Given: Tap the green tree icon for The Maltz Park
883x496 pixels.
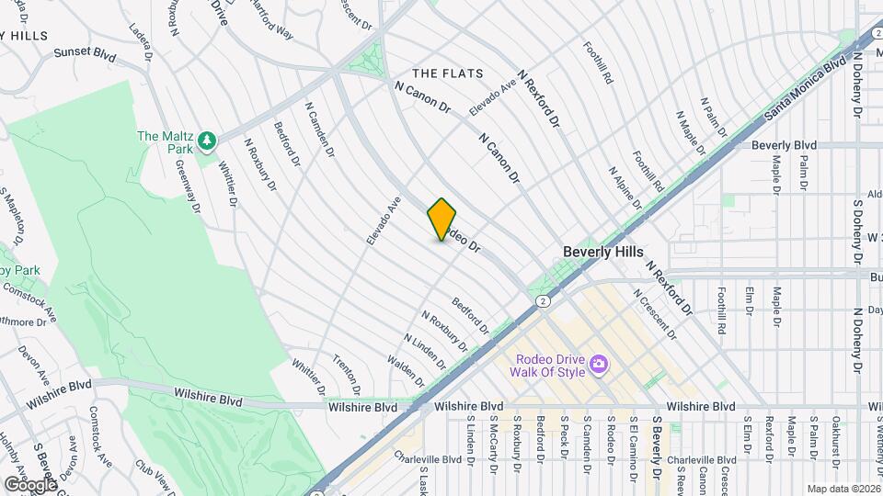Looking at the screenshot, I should pos(208,140).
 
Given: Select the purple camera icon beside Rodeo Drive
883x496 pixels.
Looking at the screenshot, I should pos(599,366).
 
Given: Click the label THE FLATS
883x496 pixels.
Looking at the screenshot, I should pos(443,73).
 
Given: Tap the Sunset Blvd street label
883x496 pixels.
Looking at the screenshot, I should pos(85,53).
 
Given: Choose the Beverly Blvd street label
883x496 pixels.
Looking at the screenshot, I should pos(784,145).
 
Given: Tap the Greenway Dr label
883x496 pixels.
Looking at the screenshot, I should pos(189,186).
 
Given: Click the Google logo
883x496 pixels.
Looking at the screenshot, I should pos(29,484).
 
